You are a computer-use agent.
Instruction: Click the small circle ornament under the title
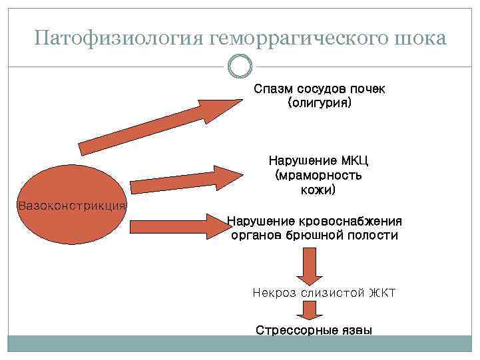pos(240,67)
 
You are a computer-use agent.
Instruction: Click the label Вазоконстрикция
pos(71,206)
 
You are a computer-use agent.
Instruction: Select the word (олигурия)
pos(319,104)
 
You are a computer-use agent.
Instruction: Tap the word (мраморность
pos(318,176)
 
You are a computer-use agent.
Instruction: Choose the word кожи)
pos(318,190)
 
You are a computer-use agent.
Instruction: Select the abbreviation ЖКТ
pos(382,293)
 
